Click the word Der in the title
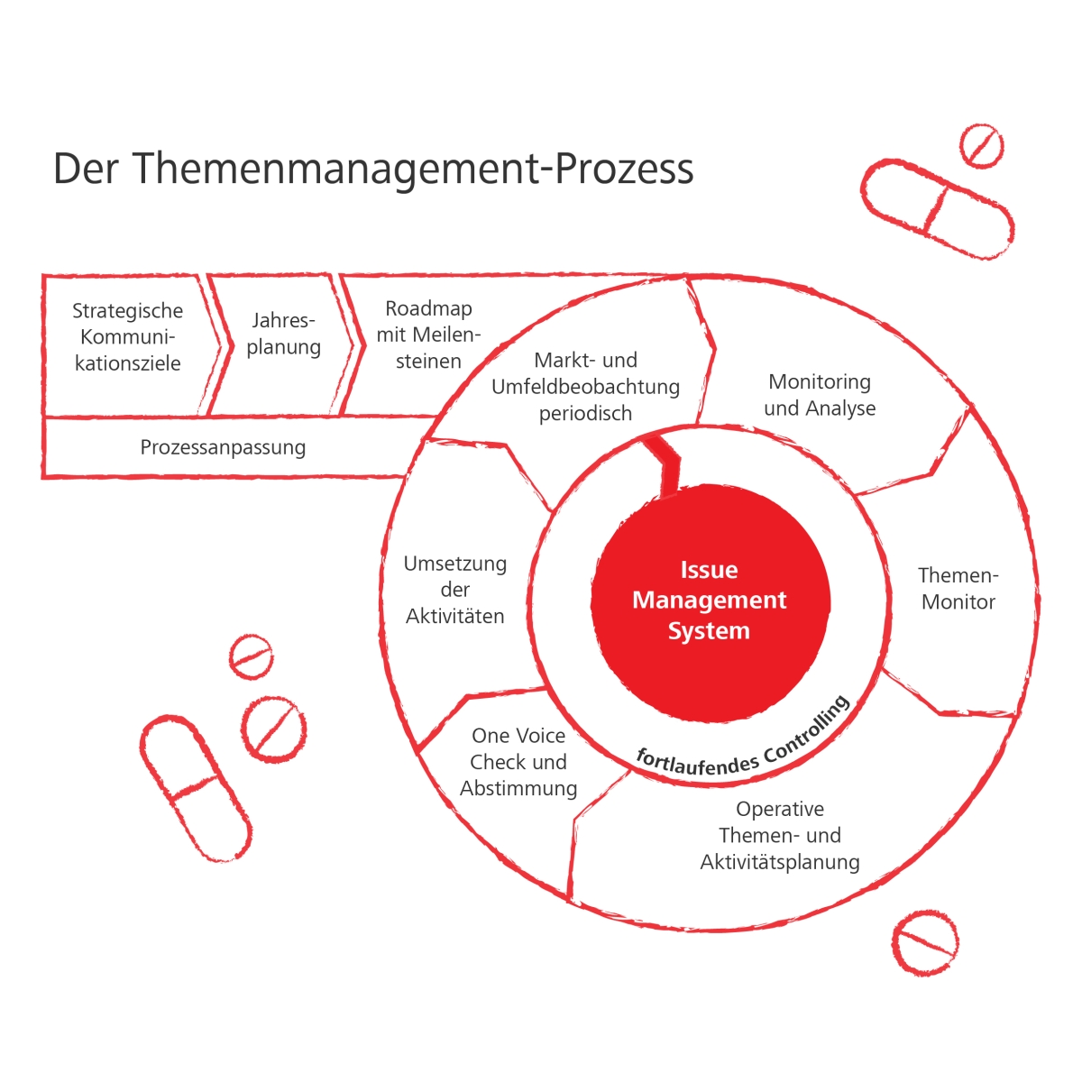(86, 168)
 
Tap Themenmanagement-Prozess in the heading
(413, 170)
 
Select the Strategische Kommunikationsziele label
(128, 337)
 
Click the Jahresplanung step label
(283, 334)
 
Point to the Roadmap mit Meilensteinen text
(428, 335)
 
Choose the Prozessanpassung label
(223, 447)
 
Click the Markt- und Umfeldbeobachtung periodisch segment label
(586, 387)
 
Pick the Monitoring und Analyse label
(820, 395)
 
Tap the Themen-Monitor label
(958, 589)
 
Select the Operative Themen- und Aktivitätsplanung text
(780, 836)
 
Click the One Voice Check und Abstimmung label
(518, 762)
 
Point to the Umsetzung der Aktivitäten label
(454, 590)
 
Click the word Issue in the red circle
(710, 570)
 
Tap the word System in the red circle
(709, 631)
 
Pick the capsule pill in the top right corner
(937, 209)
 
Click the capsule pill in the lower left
(196, 788)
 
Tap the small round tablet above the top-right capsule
(981, 146)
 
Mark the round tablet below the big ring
(925, 943)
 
